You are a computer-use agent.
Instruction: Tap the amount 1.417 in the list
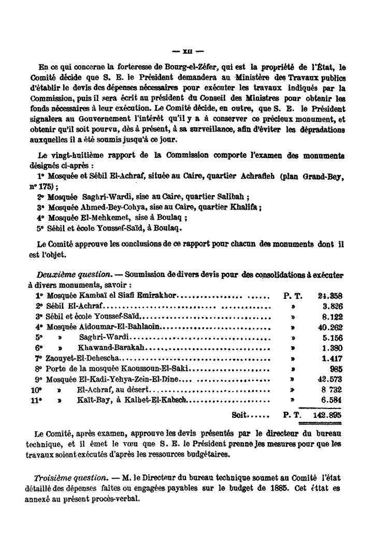click(334, 358)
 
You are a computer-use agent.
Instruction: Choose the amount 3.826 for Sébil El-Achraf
click(334, 307)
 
